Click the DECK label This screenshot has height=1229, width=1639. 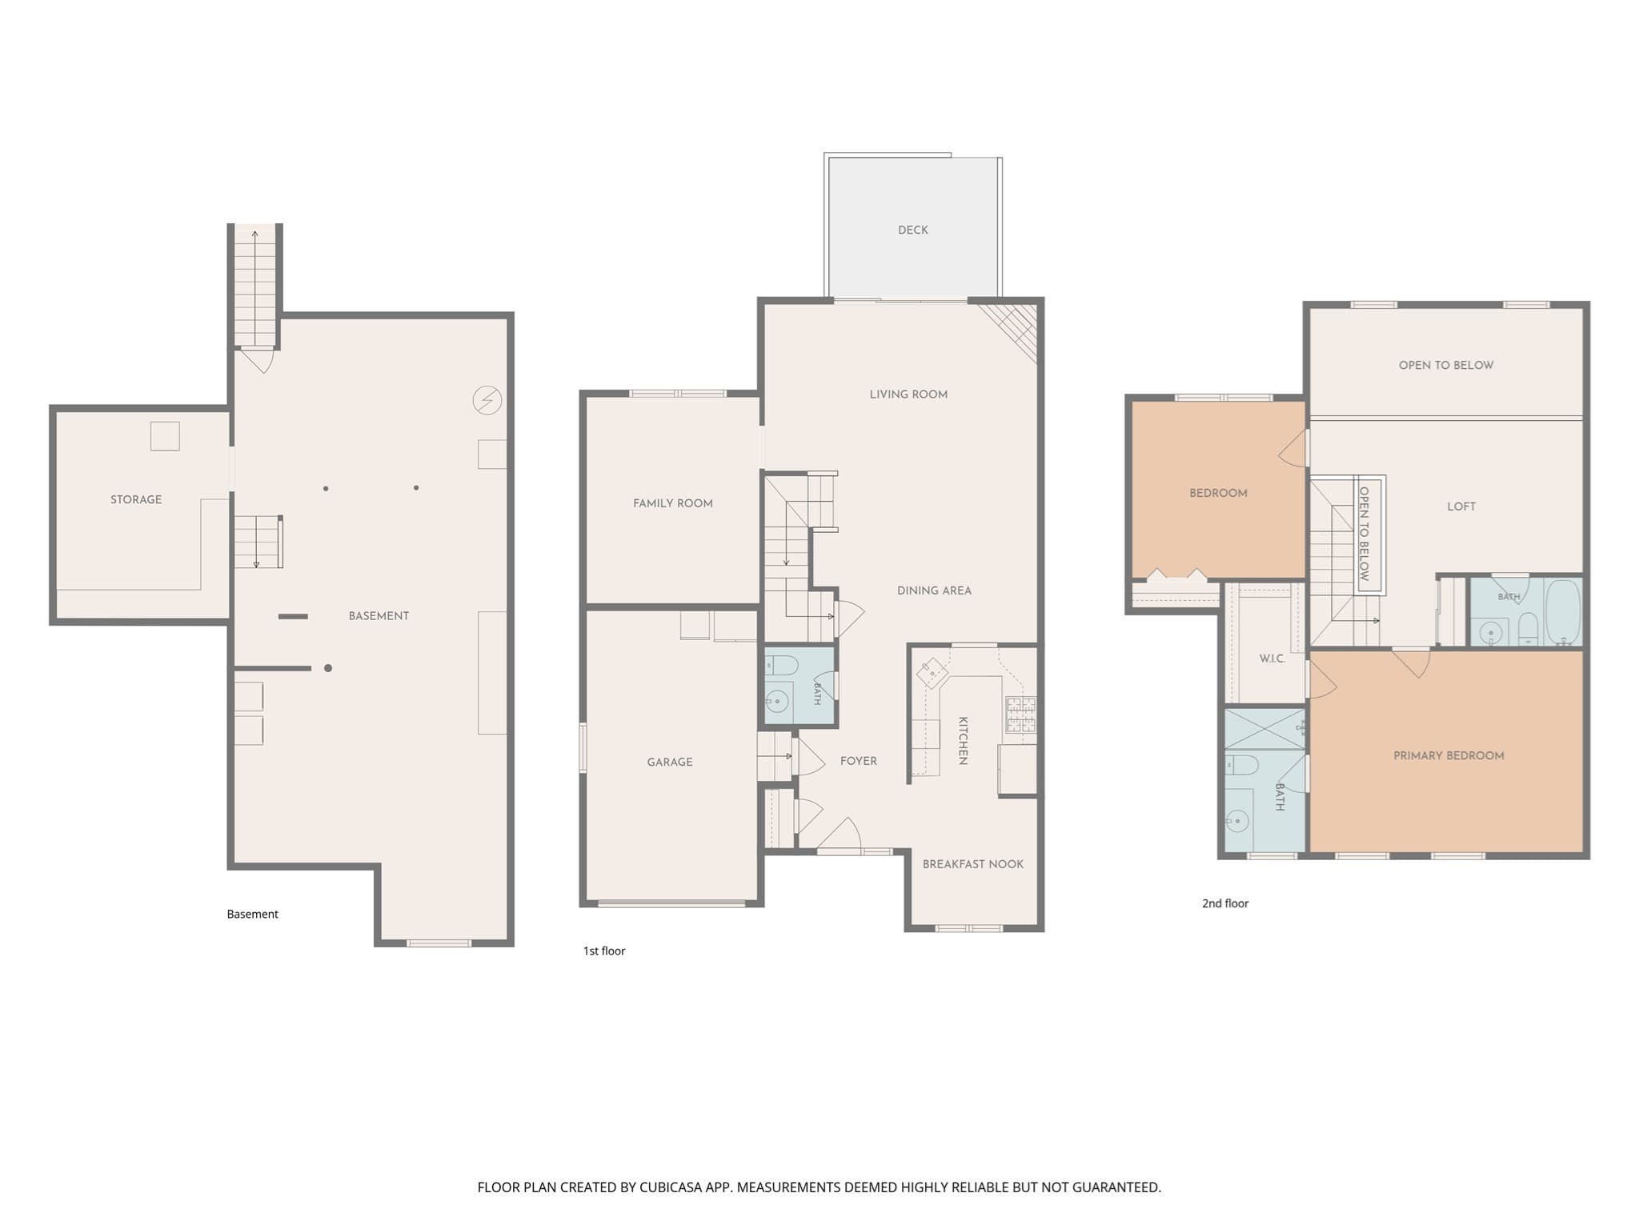click(912, 230)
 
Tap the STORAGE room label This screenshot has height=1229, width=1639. click(136, 500)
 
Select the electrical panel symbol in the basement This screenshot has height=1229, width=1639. click(487, 399)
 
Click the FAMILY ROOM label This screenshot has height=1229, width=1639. click(673, 504)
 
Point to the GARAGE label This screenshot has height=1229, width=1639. click(670, 763)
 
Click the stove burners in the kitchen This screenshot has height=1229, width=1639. click(1020, 715)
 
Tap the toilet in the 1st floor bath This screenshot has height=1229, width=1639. click(782, 666)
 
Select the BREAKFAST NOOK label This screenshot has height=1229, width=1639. click(973, 865)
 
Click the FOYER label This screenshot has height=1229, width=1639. click(859, 762)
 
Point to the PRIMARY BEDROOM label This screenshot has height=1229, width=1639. click(1449, 756)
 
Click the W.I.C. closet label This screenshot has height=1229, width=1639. click(1272, 659)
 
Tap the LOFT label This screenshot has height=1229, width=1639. click(1461, 507)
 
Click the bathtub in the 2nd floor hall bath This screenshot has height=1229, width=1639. click(1563, 613)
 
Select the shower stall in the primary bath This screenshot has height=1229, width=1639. click(1265, 729)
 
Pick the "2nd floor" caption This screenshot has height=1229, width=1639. click(1225, 904)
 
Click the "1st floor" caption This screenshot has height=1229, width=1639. click(604, 951)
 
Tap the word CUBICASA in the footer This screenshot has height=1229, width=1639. click(670, 1187)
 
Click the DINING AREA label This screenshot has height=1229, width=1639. click(934, 591)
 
